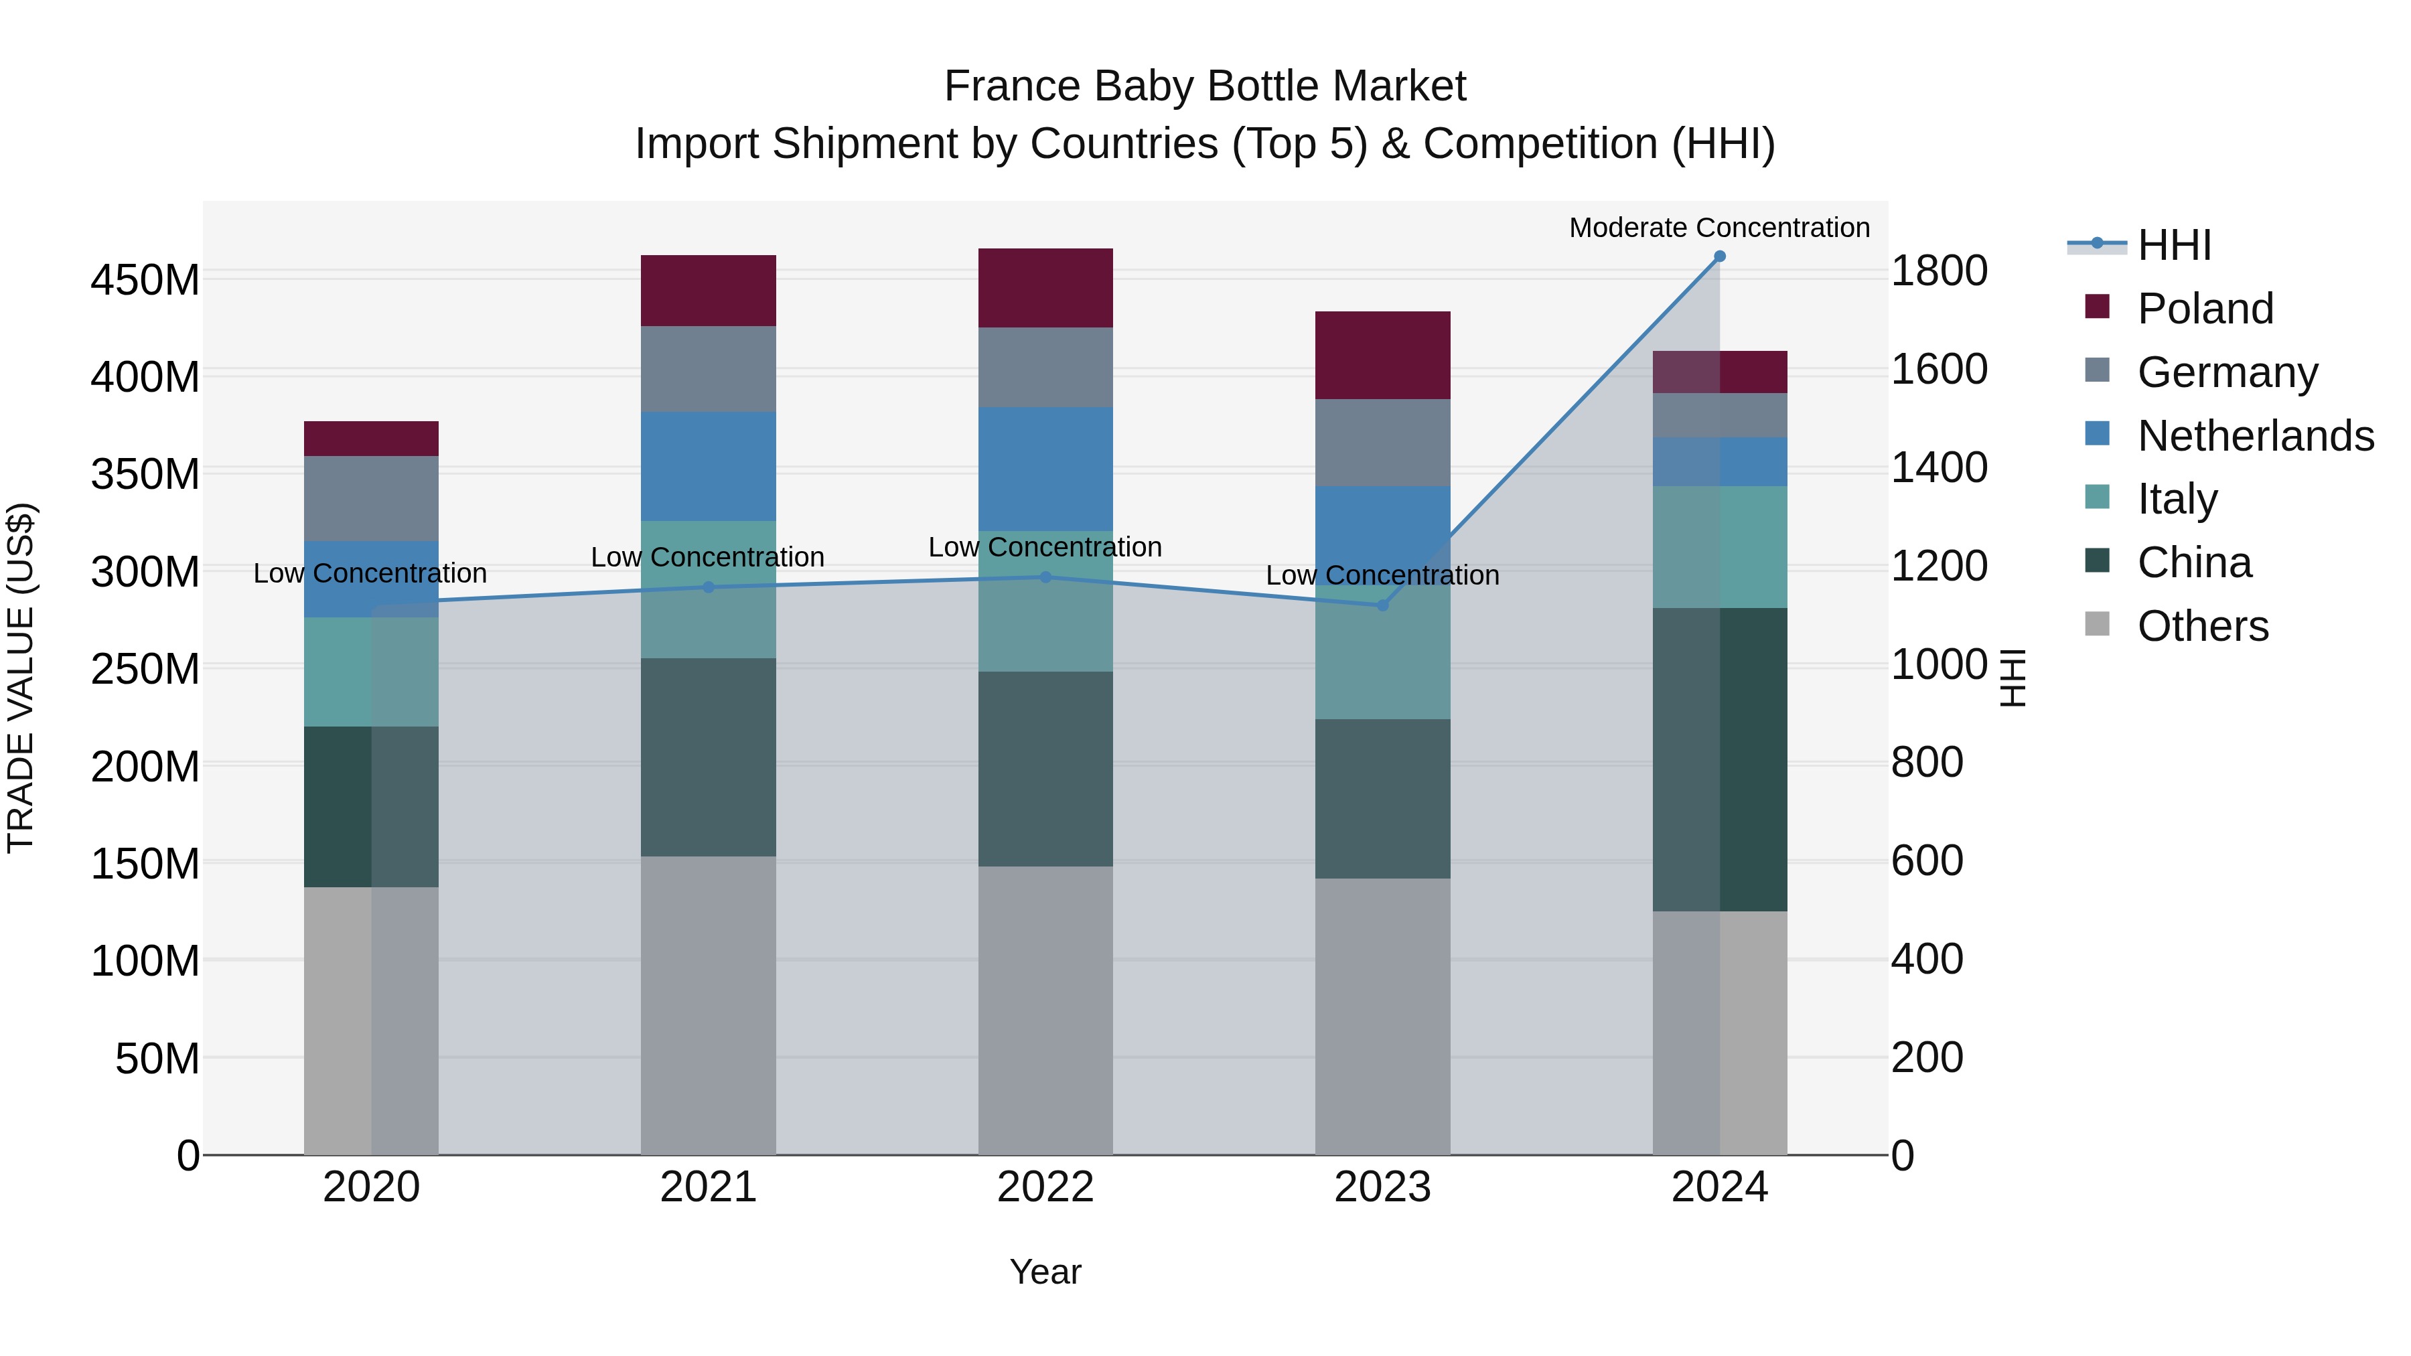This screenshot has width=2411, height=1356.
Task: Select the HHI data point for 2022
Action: (x=1045, y=577)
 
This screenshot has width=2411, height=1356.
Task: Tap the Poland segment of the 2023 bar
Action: (x=1382, y=356)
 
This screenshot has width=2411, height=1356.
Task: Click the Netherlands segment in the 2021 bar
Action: (x=709, y=466)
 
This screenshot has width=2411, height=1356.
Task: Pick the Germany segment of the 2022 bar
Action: (x=1045, y=367)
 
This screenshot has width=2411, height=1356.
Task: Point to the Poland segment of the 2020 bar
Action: (x=372, y=439)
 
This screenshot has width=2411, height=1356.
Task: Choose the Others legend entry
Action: (x=2202, y=626)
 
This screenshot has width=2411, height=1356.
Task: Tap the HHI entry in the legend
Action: (x=2174, y=245)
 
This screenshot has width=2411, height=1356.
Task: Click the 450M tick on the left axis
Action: (x=145, y=280)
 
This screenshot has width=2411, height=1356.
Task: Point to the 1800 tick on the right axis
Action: (x=1940, y=271)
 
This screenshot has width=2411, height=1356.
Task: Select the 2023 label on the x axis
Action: (x=1382, y=1187)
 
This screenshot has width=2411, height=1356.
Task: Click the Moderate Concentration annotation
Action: (x=1719, y=228)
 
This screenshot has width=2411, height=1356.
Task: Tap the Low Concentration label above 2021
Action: (x=708, y=557)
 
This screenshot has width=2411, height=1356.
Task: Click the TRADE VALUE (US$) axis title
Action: (x=21, y=678)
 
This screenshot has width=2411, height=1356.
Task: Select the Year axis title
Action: (x=1045, y=1272)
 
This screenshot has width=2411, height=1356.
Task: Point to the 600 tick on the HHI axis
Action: (x=1927, y=861)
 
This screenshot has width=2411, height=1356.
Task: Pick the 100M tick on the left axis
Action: (x=145, y=961)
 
